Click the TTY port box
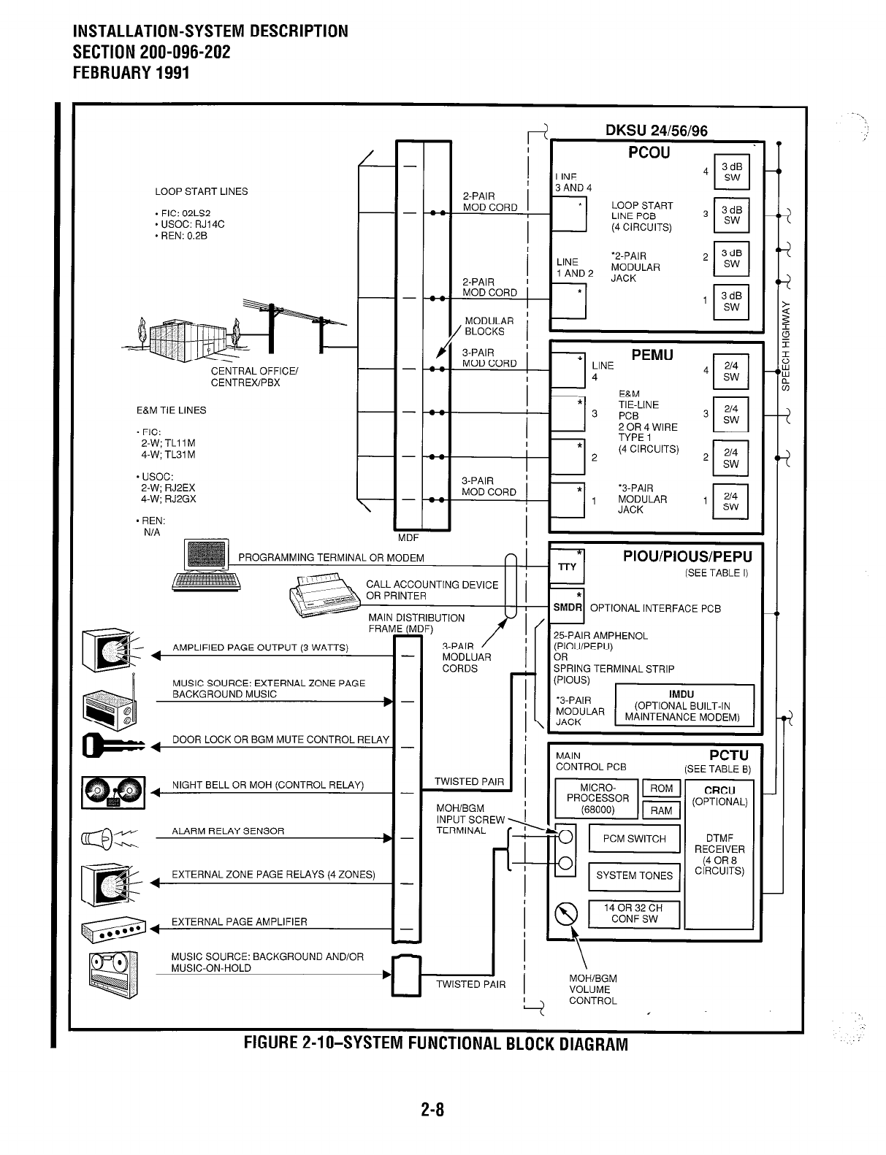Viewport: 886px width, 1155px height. point(567,567)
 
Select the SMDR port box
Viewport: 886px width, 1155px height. point(568,607)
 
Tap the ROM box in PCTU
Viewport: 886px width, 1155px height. point(661,788)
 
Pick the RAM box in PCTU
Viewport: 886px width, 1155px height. point(661,810)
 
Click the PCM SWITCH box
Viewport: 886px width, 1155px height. point(634,839)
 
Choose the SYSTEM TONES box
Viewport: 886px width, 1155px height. point(634,875)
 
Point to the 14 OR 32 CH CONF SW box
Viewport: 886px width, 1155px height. point(634,913)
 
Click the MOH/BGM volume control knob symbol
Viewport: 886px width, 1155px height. point(567,914)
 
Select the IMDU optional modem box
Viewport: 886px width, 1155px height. point(682,705)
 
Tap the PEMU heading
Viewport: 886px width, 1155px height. point(652,356)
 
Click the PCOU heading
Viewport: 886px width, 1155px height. point(649,153)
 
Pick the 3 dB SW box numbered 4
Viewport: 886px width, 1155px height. point(731,172)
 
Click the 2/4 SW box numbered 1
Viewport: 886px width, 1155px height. point(730,501)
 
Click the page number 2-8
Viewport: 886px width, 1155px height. point(432,1110)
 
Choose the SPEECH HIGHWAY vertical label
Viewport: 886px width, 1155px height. point(786,345)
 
